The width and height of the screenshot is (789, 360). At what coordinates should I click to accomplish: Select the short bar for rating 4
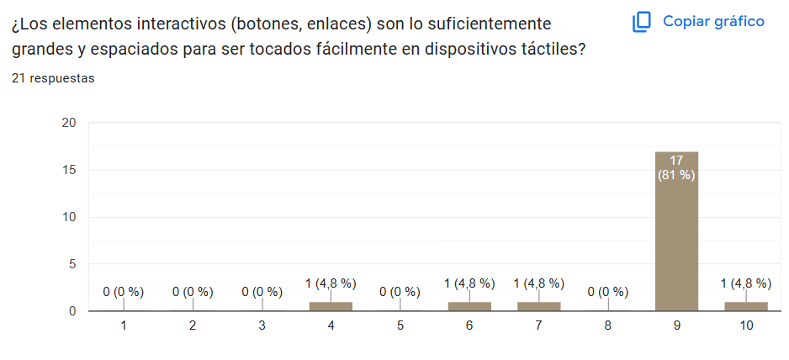click(331, 306)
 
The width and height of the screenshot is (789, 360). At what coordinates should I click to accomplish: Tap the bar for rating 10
click(745, 306)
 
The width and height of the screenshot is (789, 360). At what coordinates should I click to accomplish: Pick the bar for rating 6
click(469, 306)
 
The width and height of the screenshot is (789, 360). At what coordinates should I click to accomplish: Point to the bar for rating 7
click(538, 306)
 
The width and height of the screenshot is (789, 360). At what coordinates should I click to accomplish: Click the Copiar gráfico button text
click(713, 21)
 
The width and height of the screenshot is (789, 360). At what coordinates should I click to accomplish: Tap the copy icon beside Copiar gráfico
click(642, 21)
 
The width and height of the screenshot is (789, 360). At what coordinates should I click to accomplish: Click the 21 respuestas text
click(53, 78)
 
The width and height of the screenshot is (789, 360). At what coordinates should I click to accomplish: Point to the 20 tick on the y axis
click(69, 123)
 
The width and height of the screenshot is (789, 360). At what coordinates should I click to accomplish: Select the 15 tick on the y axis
click(69, 170)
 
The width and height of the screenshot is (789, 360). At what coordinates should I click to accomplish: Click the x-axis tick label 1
click(124, 326)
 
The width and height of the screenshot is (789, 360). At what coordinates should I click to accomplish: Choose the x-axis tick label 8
click(607, 326)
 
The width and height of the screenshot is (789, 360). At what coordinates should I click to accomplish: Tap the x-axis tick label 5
click(400, 326)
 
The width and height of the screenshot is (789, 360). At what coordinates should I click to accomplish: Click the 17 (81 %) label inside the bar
click(676, 167)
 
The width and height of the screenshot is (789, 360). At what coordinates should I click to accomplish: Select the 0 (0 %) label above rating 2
click(193, 292)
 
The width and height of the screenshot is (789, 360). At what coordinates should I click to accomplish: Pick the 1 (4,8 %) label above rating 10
click(745, 283)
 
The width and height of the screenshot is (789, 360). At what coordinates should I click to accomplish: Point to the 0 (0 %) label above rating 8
click(607, 292)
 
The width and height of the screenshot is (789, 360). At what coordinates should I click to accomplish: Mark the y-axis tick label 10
click(69, 217)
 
